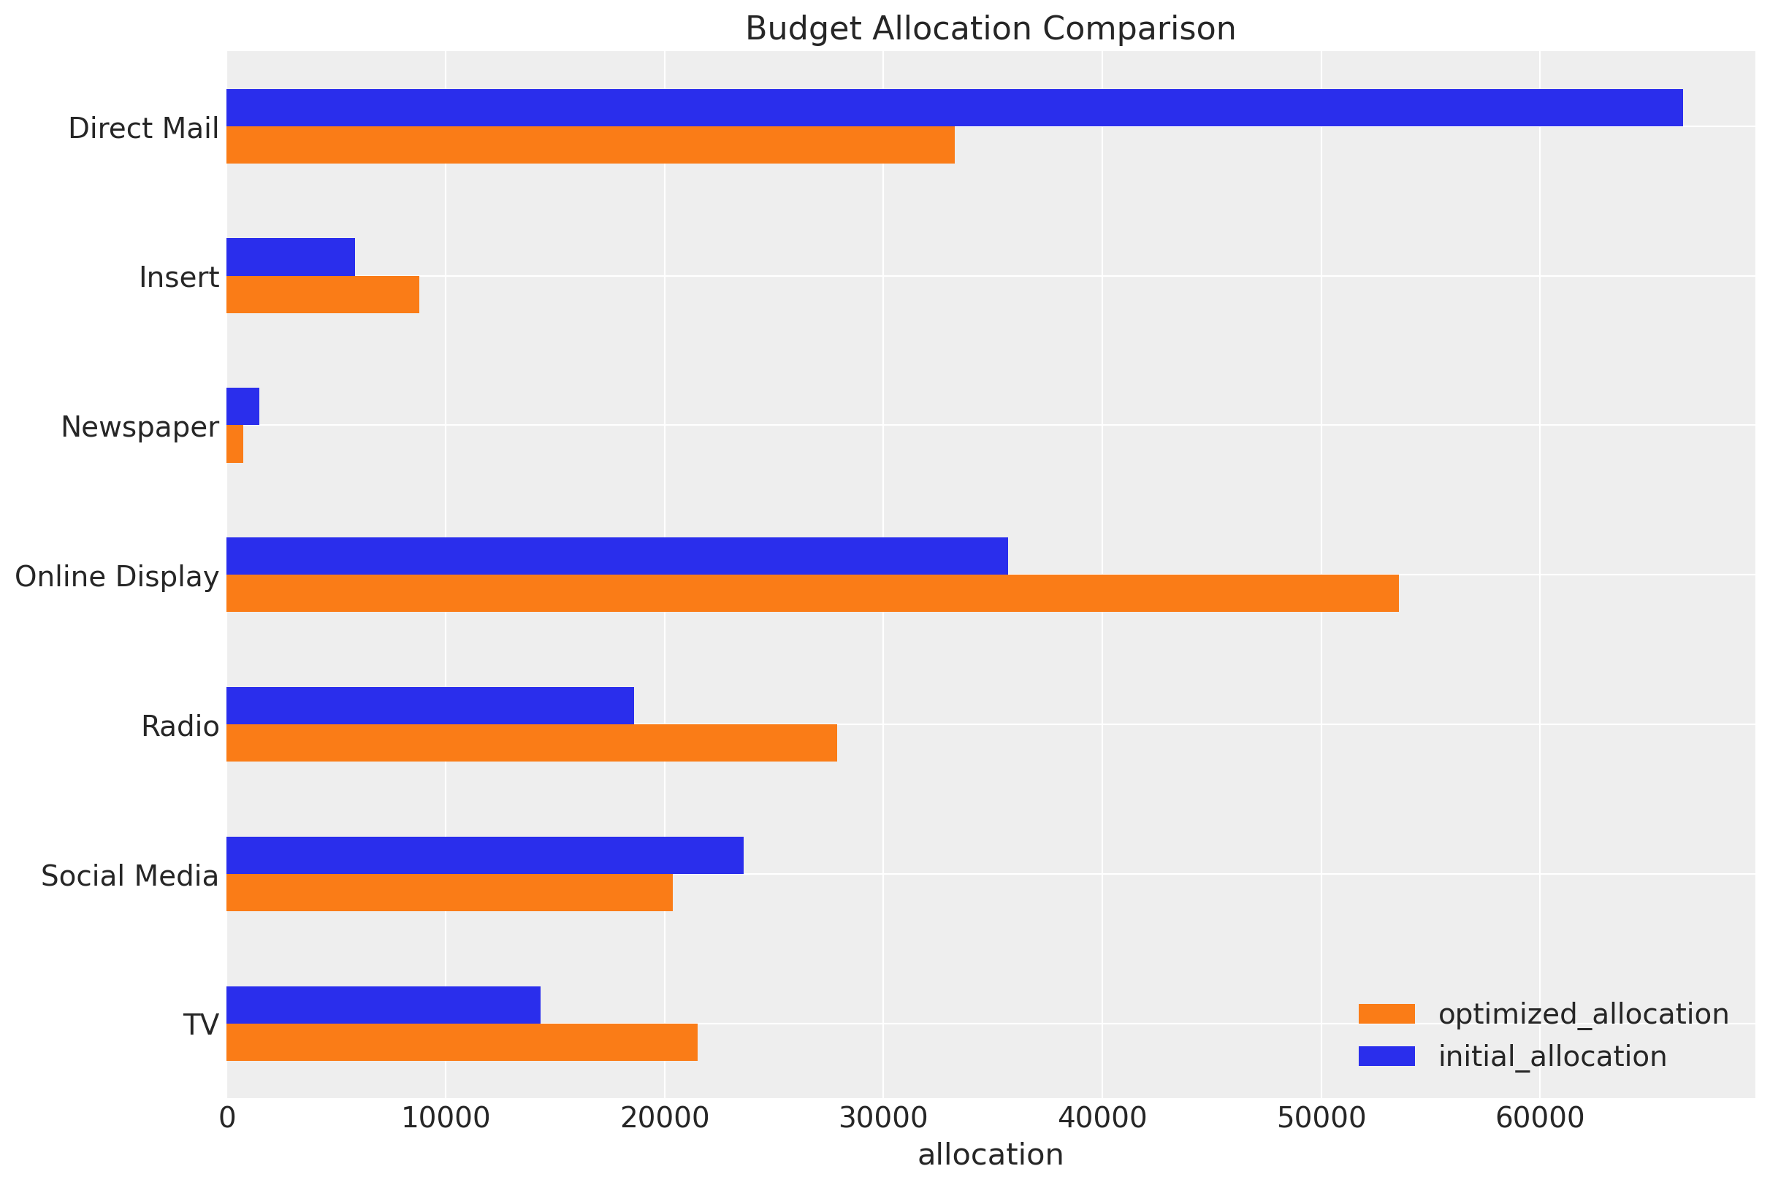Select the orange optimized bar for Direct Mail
coord(590,145)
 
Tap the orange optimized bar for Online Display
coord(812,594)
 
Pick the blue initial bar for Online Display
coord(617,556)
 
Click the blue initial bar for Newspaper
coord(243,407)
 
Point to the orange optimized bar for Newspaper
coord(235,444)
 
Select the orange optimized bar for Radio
coord(531,742)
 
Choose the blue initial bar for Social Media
coord(484,855)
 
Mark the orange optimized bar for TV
coord(461,1042)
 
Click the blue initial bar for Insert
coord(290,257)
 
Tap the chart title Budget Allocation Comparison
coord(990,28)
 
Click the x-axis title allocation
coord(990,1155)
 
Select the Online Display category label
coord(116,577)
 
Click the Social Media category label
coord(129,876)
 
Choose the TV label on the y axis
coord(201,1026)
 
